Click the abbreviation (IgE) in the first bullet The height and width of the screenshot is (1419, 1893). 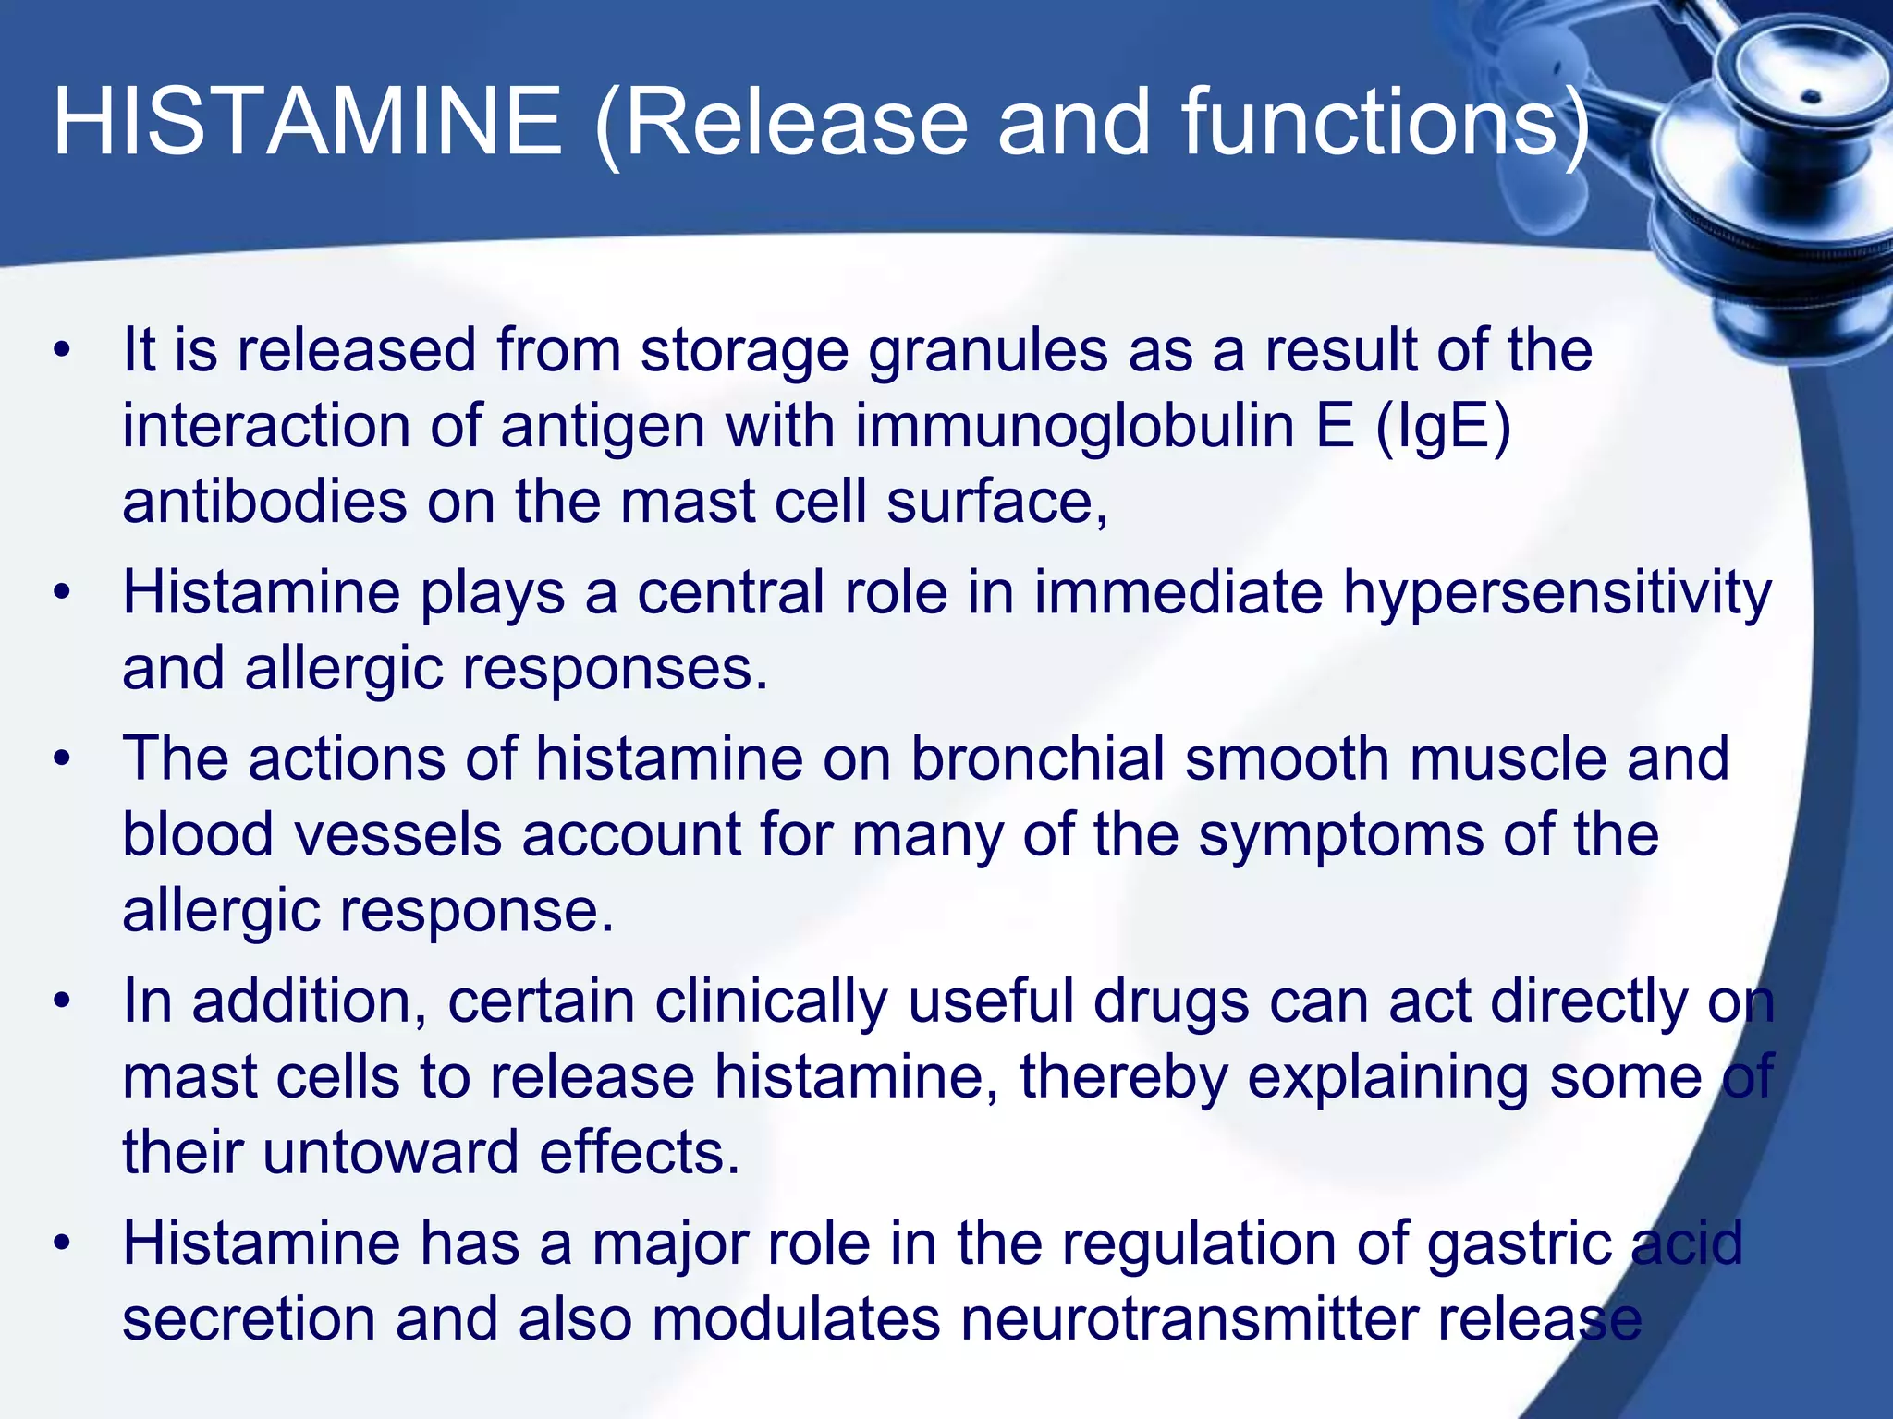click(x=1443, y=427)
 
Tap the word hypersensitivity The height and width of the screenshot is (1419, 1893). click(x=1557, y=595)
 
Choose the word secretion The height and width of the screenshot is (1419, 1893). click(x=249, y=1319)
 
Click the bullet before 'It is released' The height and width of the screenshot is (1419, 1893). click(x=62, y=352)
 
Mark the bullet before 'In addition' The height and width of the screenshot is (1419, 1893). click(x=62, y=1002)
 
